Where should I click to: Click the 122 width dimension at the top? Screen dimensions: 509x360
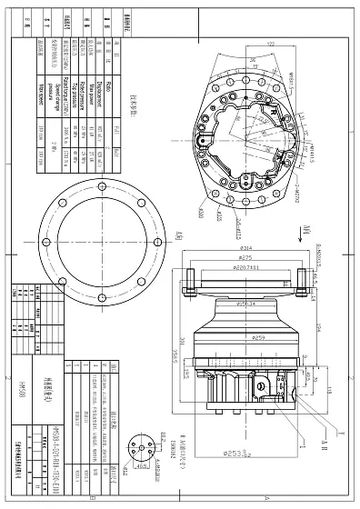click(270, 42)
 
